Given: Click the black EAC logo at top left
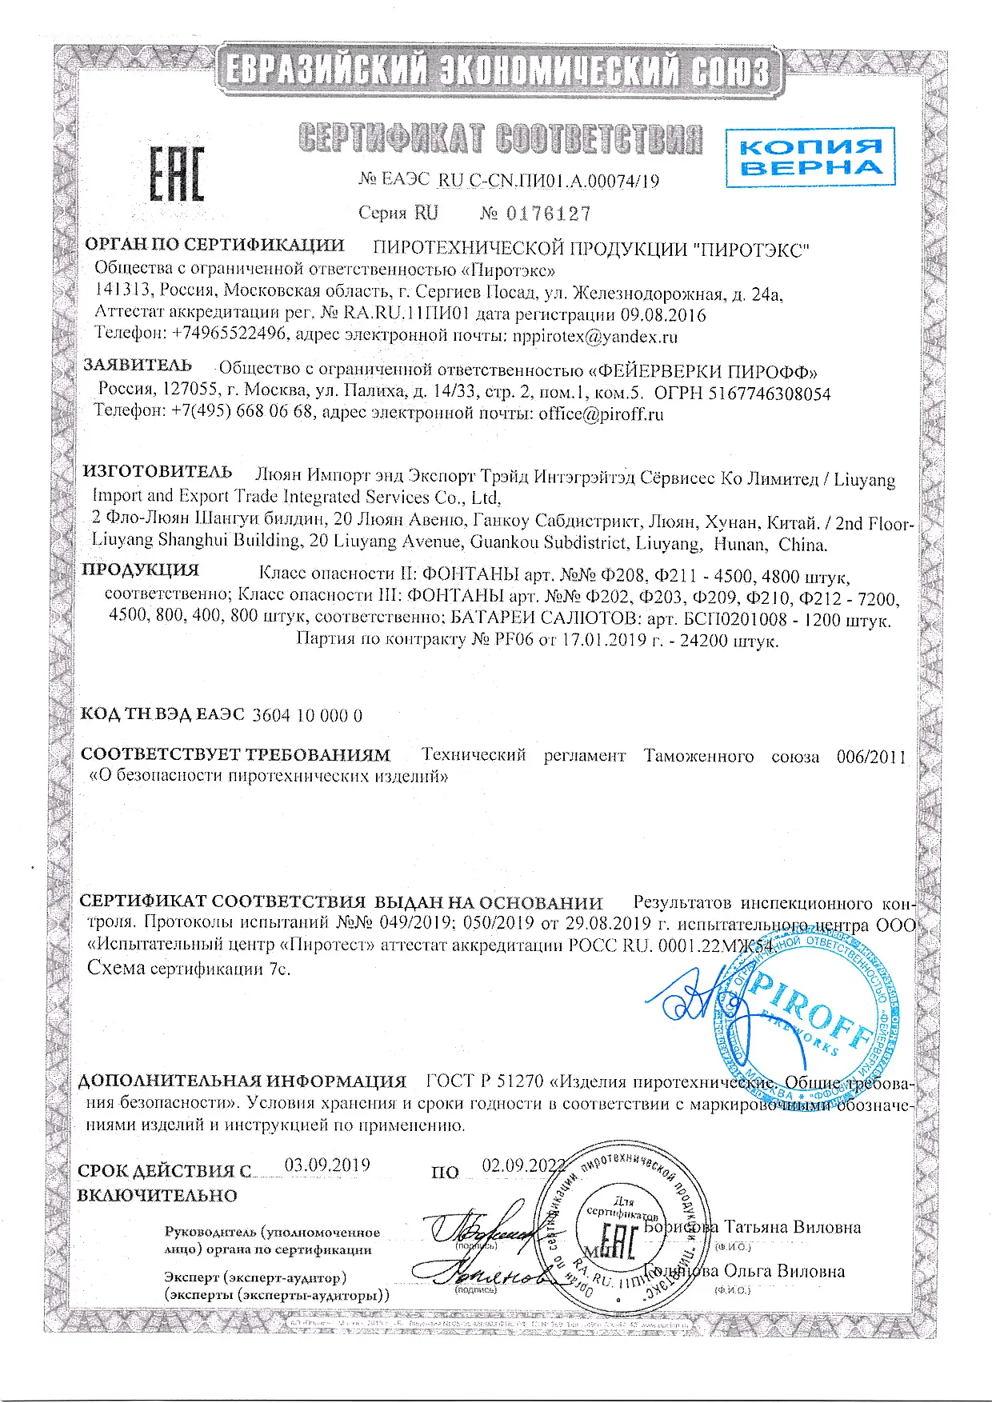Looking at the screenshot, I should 177,174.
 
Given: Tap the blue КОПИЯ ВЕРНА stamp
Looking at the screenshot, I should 809,157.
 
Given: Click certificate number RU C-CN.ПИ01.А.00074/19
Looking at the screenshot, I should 549,181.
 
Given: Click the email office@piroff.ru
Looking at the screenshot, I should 601,414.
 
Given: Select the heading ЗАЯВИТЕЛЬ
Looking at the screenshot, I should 138,366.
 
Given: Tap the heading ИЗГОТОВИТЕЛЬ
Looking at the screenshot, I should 158,472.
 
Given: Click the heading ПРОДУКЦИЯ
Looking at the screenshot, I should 140,570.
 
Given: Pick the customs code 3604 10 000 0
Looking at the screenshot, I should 306,715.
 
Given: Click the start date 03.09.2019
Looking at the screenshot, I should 327,1165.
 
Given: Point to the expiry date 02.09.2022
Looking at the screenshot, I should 522,1165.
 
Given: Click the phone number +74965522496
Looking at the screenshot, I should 230,333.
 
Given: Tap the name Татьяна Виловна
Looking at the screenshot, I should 791,1227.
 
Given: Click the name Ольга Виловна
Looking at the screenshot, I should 784,1271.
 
